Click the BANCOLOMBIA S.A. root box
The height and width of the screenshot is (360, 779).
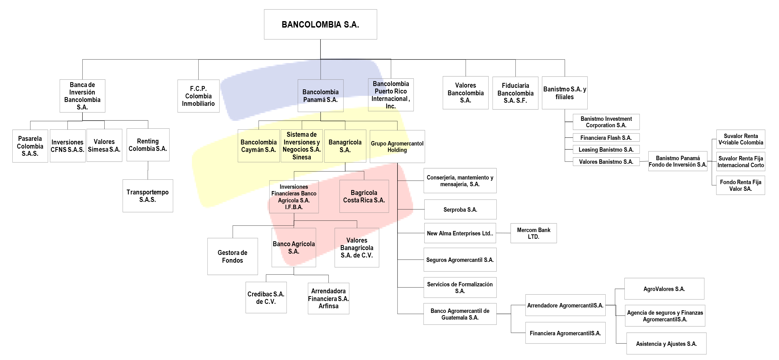[320, 24]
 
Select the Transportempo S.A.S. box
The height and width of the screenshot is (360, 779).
[148, 196]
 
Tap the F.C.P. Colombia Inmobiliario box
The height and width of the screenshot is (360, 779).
[198, 96]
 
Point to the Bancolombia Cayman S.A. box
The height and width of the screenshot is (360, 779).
[259, 146]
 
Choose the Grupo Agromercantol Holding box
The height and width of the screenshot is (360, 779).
[397, 147]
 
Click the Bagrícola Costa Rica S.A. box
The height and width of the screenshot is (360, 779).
[364, 196]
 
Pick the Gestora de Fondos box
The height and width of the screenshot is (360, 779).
[233, 256]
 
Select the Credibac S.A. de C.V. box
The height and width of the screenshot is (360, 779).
[266, 298]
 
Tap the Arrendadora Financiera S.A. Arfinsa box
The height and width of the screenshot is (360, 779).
[328, 298]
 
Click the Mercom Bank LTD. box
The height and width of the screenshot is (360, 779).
[534, 233]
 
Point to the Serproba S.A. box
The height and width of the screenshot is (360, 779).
[460, 209]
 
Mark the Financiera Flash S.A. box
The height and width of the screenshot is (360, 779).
[606, 138]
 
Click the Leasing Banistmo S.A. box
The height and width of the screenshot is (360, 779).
[606, 150]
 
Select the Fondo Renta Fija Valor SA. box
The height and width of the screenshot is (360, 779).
[740, 185]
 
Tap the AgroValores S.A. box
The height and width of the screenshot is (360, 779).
[664, 289]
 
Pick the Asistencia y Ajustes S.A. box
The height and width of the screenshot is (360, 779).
[666, 344]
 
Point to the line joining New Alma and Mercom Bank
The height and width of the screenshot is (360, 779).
[503, 233]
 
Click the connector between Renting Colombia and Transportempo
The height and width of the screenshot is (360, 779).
[148, 170]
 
